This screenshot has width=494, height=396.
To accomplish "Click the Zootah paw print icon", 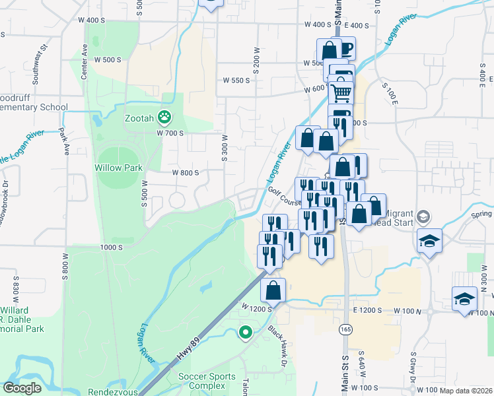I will [x=164, y=118].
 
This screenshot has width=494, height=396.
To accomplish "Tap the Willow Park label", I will [x=118, y=168].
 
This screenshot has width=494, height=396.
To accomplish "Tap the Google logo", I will [x=22, y=388].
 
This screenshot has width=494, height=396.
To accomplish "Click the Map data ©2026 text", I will [x=466, y=391].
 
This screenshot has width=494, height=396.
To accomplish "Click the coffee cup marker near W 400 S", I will [x=344, y=48].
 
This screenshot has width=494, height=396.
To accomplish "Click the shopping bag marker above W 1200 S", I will [x=273, y=289].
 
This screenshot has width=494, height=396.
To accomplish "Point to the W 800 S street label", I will [x=186, y=173].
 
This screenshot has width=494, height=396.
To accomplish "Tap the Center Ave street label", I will [x=84, y=62].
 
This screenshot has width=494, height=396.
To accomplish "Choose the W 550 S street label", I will [x=237, y=81].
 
